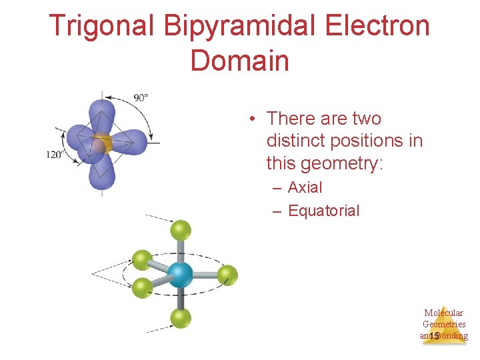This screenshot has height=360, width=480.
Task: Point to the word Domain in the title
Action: [x=239, y=61]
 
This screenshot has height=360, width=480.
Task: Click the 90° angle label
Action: [x=141, y=98]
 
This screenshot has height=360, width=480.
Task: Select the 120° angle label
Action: [x=54, y=155]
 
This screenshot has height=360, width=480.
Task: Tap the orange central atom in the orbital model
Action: [x=101, y=143]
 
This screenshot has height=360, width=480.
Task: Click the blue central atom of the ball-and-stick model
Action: [x=179, y=274]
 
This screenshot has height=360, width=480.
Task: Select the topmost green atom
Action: [x=180, y=231]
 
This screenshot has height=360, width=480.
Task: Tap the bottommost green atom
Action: [x=180, y=318]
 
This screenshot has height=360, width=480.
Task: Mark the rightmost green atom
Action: [x=227, y=274]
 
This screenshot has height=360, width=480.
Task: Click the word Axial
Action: [x=305, y=188]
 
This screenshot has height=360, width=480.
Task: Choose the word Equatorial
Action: [x=323, y=211]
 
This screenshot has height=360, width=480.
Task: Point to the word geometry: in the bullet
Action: [x=343, y=163]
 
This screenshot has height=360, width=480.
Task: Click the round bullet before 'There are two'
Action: [x=253, y=119]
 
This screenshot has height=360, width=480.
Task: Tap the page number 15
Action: [x=435, y=336]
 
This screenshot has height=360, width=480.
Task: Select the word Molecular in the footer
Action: [x=443, y=313]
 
